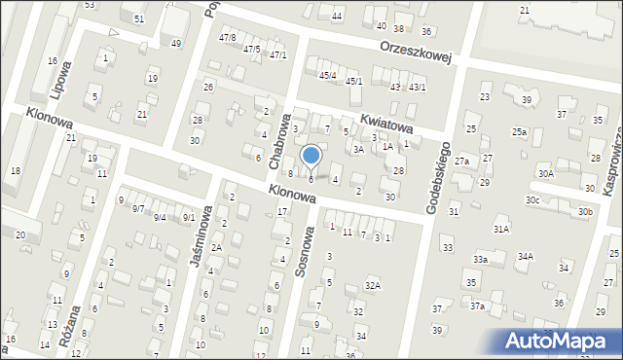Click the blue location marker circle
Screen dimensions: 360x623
(311, 155)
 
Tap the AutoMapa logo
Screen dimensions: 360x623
(562, 342)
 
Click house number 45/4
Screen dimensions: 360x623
(327, 75)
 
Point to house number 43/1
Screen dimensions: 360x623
(418, 88)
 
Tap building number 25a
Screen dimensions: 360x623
(520, 131)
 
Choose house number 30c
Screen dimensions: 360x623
(532, 199)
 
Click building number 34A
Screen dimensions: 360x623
(525, 256)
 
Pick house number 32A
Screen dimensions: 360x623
(372, 285)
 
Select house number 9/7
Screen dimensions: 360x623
(138, 208)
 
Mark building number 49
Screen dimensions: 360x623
(176, 43)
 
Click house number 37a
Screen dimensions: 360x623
(477, 306)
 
